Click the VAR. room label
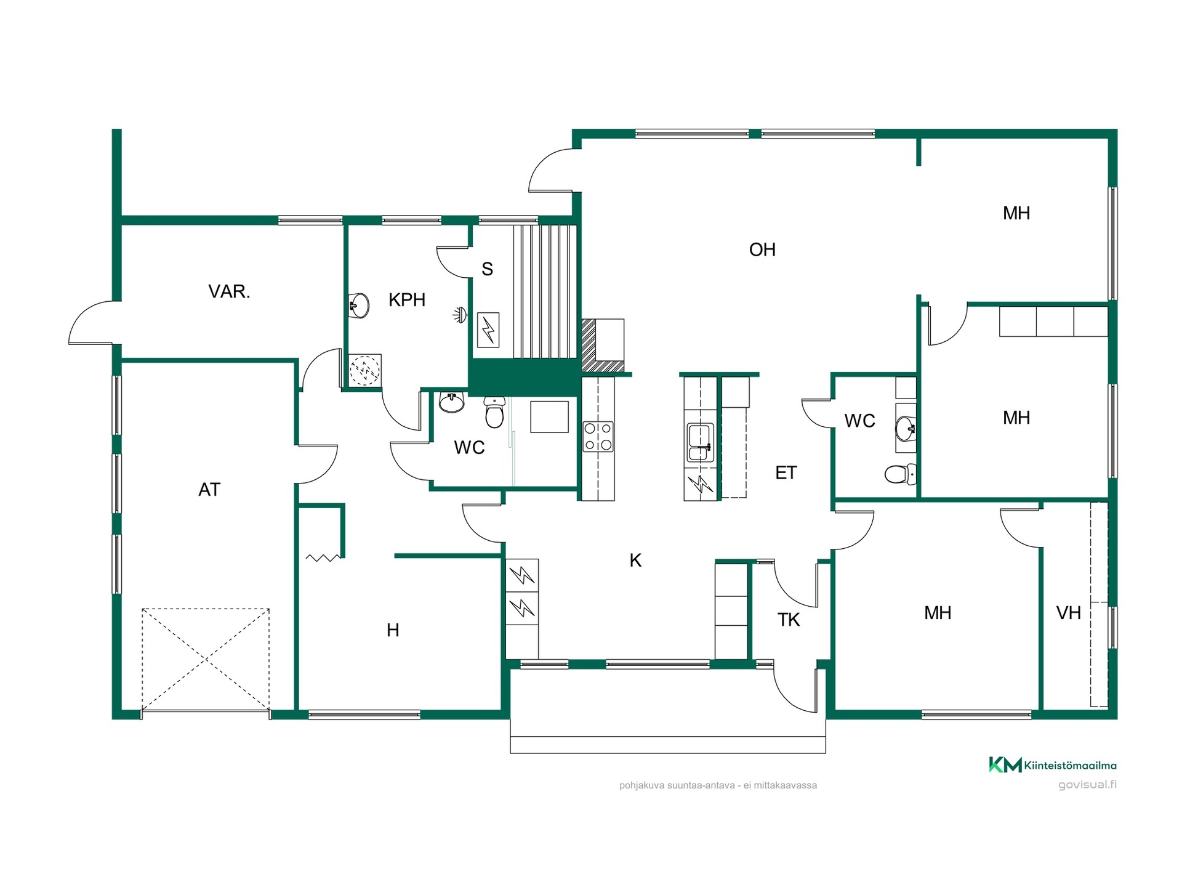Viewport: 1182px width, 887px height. click(229, 291)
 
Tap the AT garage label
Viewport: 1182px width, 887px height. click(209, 490)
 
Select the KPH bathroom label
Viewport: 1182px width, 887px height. click(407, 300)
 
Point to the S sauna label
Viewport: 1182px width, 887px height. click(487, 269)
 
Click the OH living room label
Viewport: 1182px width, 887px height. click(762, 249)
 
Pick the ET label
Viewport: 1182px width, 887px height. click(786, 473)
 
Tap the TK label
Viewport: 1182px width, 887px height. click(789, 620)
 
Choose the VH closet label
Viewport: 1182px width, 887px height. click(1069, 613)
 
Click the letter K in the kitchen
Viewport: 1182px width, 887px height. click(636, 561)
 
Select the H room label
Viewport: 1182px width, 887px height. click(393, 630)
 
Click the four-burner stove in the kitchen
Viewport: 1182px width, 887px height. click(598, 436)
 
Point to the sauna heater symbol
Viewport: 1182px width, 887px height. click(488, 330)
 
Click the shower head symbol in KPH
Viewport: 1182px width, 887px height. click(460, 315)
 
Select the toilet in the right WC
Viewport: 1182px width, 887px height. click(901, 474)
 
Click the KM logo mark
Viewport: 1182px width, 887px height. click(1005, 764)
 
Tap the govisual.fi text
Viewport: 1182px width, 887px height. click(1087, 785)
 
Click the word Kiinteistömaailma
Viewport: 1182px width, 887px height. click(1071, 766)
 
